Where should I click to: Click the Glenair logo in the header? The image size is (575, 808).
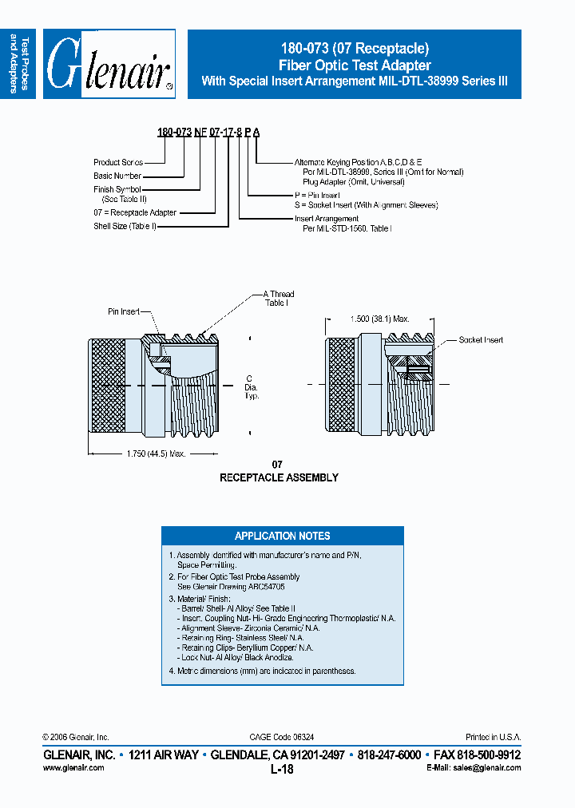tap(109, 65)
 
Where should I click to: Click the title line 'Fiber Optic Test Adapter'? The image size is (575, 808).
tap(354, 65)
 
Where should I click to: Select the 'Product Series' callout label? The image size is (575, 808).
tap(118, 162)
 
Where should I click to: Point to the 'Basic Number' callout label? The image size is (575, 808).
tap(117, 176)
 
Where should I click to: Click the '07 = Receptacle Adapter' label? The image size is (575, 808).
tap(135, 212)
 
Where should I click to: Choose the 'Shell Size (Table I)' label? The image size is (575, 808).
tap(125, 226)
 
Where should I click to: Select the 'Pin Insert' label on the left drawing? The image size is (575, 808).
tap(125, 311)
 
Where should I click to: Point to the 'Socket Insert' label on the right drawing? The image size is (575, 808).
tap(481, 340)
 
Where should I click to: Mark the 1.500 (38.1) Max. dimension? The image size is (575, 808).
tap(379, 319)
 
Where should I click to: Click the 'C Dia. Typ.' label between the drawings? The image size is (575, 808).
tap(252, 386)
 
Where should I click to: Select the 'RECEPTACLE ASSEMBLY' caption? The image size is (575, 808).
tap(279, 477)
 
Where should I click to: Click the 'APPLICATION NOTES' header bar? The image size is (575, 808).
tap(282, 536)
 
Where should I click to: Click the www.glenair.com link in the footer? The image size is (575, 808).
tap(73, 767)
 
